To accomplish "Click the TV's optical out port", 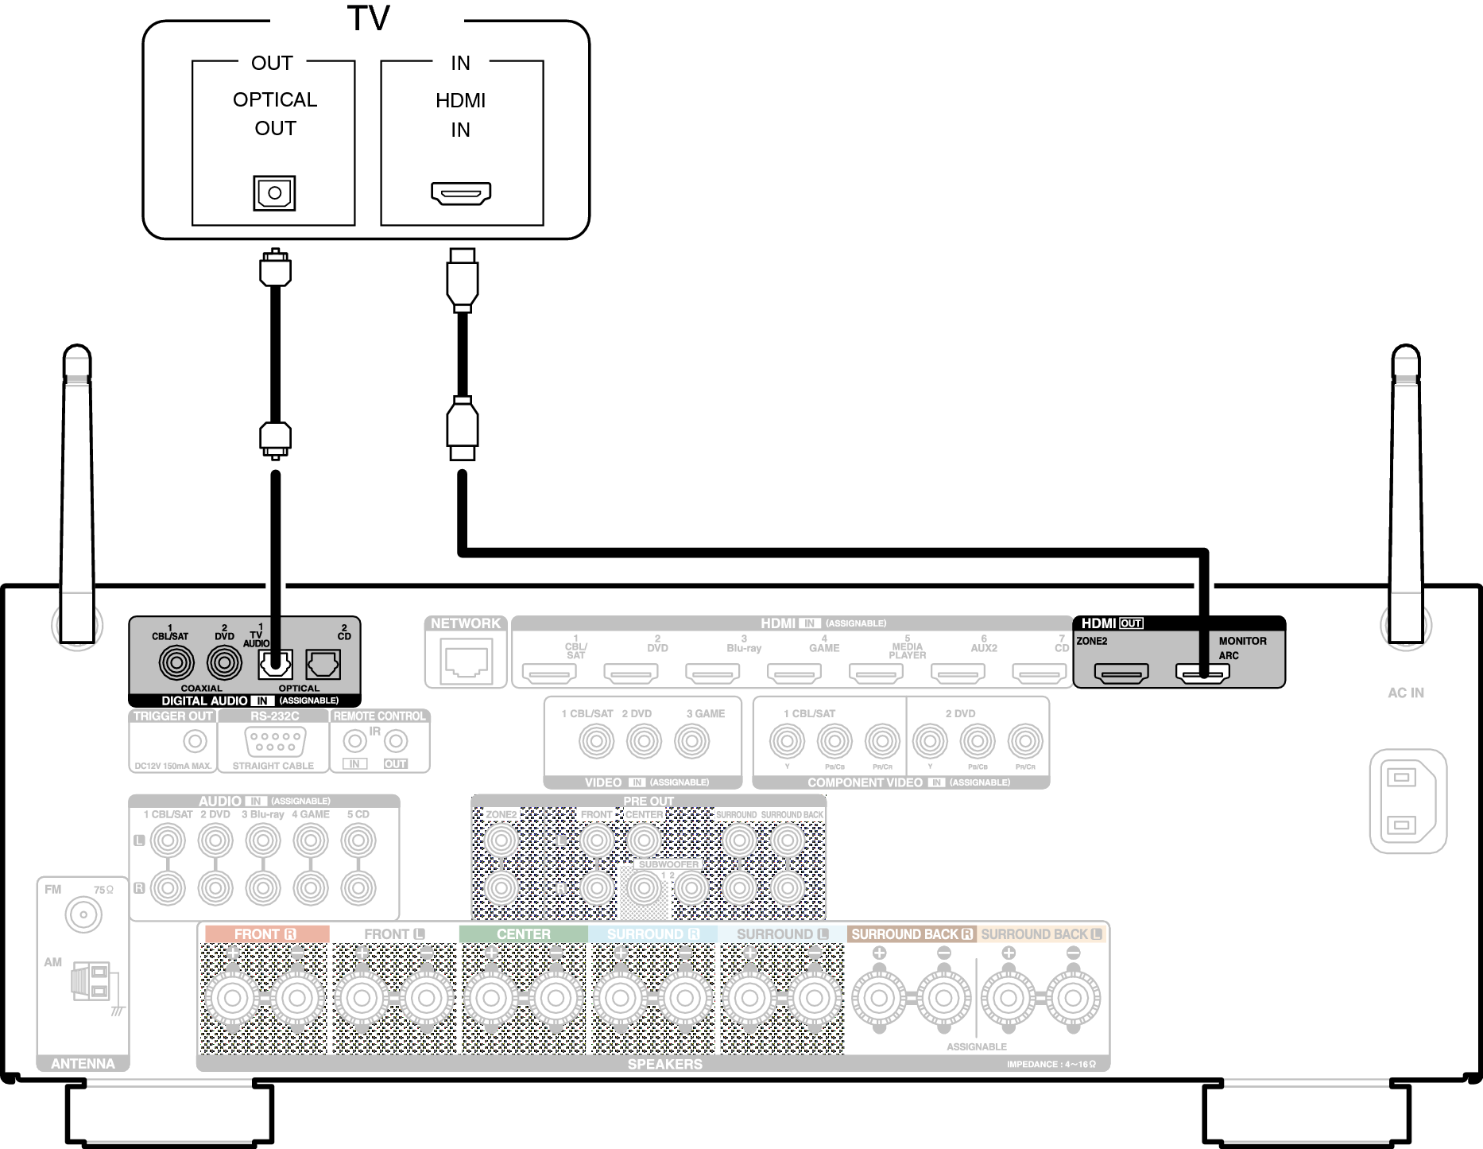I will pos(274,193).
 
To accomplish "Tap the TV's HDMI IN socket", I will pos(461,193).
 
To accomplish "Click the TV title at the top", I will pos(368,18).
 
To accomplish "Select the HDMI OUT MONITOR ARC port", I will pos(1202,673).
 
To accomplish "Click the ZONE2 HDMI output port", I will pos(1121,673).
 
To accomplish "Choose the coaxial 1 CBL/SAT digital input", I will pos(176,662).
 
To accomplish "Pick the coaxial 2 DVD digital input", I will pos(224,662).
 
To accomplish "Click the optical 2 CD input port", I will pos(323,664).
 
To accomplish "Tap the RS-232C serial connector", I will pos(273,742).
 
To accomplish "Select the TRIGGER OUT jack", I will pos(195,741).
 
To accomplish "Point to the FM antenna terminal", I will pos(83,915).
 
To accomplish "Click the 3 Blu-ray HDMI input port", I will pos(712,673).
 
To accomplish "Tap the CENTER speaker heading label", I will pos(523,934).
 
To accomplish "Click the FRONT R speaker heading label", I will pos(265,934).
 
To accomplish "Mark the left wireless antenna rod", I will pos(77,493).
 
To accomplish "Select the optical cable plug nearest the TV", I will pos(275,270).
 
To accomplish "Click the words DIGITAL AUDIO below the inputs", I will pos(204,701).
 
